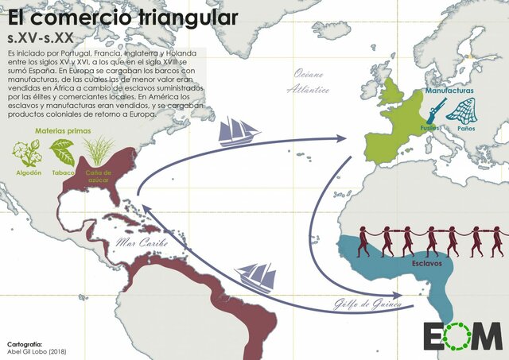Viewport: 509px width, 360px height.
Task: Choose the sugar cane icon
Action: (x=98, y=149)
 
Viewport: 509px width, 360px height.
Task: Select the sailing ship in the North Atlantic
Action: (x=239, y=130)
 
